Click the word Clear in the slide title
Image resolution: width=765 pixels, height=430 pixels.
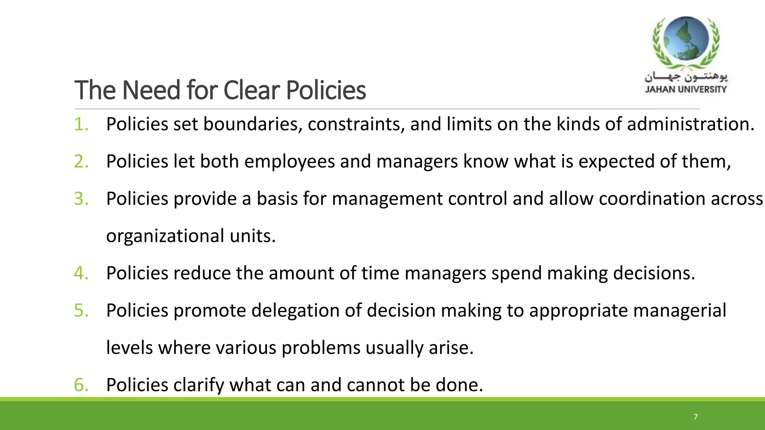point(251,90)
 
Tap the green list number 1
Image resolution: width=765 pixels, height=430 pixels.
point(81,124)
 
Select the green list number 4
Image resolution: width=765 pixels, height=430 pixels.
point(81,273)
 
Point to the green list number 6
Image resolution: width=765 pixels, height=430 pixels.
point(81,385)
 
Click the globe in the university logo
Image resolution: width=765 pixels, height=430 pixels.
point(687,39)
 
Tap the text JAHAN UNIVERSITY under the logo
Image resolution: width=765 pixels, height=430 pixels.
point(686,90)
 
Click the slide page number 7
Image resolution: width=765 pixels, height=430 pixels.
point(696,417)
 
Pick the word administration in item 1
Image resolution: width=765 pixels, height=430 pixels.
point(690,124)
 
